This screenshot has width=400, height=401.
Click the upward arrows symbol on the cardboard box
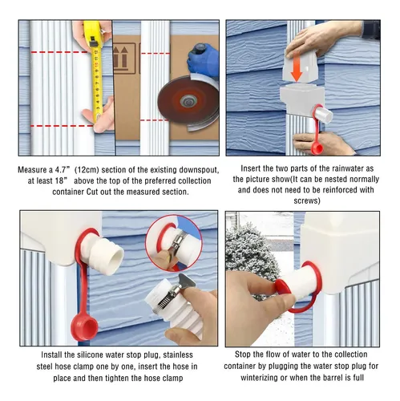click(x=119, y=59)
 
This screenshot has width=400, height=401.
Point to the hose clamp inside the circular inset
click(x=177, y=242)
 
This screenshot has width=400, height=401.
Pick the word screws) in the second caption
click(x=307, y=200)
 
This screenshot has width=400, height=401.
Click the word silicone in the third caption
click(x=91, y=354)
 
